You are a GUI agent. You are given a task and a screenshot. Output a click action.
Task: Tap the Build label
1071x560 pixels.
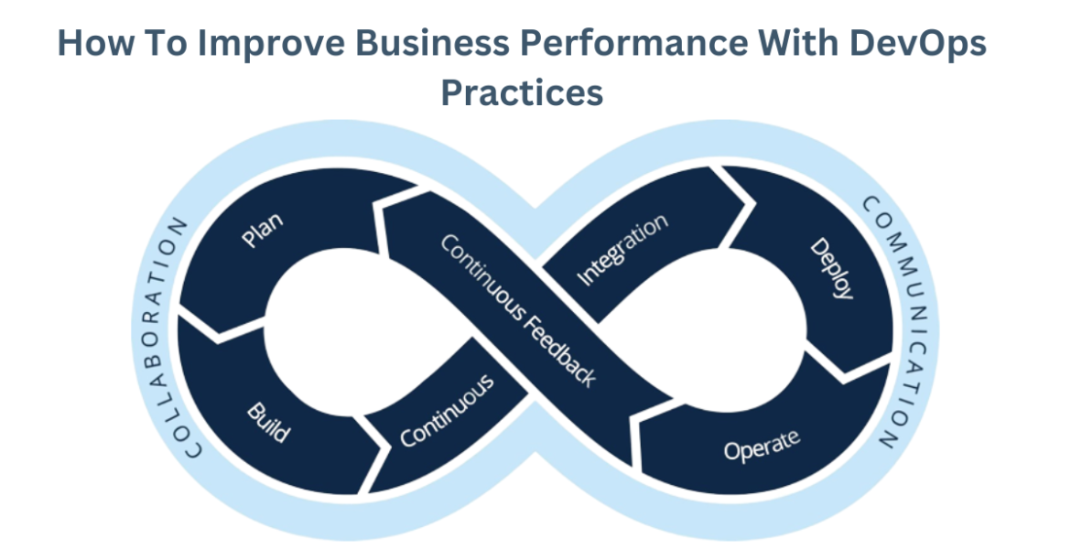click(x=268, y=422)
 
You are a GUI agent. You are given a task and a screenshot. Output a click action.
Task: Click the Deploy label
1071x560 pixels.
click(x=833, y=269)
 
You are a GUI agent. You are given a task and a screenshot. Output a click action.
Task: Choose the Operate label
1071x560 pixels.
click(x=762, y=445)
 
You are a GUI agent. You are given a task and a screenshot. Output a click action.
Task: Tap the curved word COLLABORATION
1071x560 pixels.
click(x=170, y=338)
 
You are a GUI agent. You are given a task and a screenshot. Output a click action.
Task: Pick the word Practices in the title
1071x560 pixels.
click(x=522, y=92)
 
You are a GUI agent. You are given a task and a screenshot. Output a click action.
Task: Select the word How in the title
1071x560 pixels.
click(x=91, y=45)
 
